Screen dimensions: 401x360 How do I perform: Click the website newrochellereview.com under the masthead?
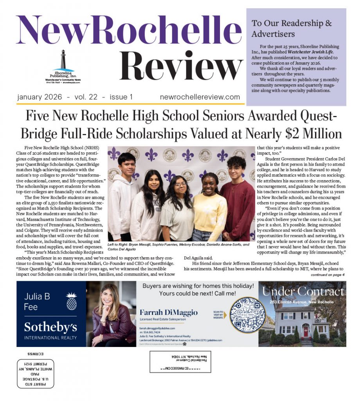point(200,97)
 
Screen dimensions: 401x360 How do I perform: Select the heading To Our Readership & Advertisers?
point(292,28)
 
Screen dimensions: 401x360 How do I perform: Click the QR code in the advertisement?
point(246,314)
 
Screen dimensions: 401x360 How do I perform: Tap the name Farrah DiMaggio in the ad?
point(169,312)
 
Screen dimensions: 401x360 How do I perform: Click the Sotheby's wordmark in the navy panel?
point(50,326)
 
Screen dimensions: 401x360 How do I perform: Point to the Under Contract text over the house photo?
point(303,291)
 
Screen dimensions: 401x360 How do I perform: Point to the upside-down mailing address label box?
point(180,361)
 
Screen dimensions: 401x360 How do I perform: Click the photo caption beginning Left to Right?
point(178,246)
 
